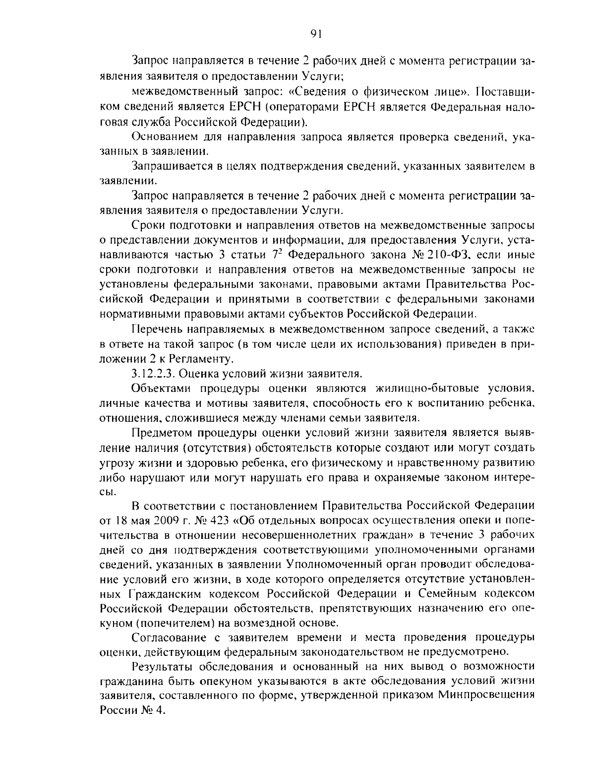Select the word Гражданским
point(166,594)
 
